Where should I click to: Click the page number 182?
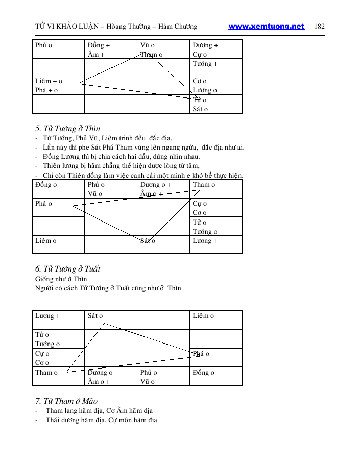point(320,27)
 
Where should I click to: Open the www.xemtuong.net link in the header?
point(266,27)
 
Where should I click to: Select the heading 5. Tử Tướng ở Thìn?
point(67,128)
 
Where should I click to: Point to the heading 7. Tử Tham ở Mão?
point(66,401)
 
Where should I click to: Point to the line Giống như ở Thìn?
point(61,279)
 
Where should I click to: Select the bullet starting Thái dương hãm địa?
point(101,420)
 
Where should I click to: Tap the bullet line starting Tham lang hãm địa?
point(99,411)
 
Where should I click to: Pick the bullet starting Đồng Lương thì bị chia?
point(121,157)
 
